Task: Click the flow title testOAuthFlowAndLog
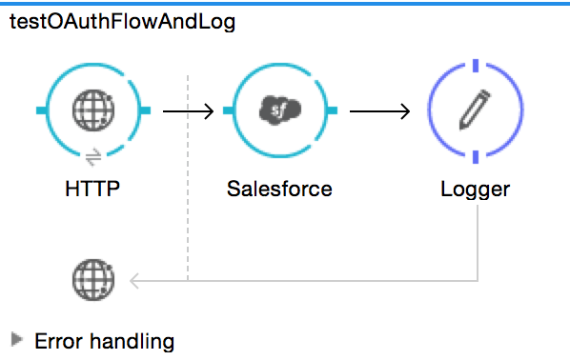click(121, 23)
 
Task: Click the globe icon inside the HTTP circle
click(92, 111)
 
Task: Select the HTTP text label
click(92, 188)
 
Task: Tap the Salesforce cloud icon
click(279, 111)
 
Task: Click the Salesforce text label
click(279, 188)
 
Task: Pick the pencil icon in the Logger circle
click(475, 111)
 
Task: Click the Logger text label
click(475, 188)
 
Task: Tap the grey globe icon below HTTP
click(92, 280)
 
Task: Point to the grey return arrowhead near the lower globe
click(134, 280)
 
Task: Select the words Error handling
click(104, 340)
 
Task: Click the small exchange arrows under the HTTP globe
click(92, 157)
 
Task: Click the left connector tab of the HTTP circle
click(43, 111)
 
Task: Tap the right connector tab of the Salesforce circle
click(331, 111)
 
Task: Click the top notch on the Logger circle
click(475, 67)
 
